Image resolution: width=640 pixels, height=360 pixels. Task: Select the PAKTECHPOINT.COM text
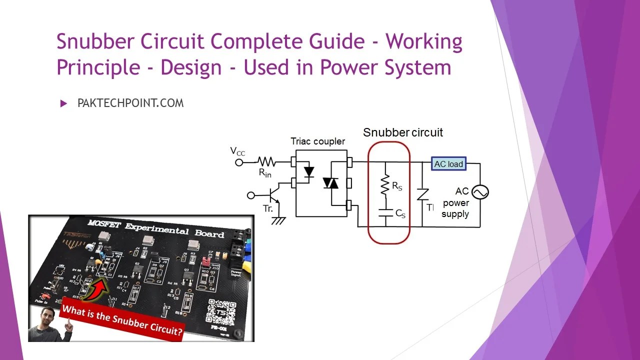pos(130,103)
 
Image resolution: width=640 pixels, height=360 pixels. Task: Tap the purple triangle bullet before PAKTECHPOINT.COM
pos(63,103)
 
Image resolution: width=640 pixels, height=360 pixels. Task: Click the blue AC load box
pos(448,164)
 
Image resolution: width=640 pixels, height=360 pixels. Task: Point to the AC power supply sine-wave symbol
pos(480,192)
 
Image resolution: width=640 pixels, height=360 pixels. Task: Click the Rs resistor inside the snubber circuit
pos(385,185)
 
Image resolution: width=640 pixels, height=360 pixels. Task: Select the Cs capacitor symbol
pos(385,213)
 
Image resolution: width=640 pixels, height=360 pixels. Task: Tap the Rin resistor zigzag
pos(266,162)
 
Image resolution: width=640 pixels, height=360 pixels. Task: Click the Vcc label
pos(237,151)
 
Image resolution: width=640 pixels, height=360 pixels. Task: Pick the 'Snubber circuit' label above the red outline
pos(402,132)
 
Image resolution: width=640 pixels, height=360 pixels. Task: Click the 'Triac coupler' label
pos(318,141)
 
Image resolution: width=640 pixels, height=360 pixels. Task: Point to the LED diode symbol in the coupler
pos(309,172)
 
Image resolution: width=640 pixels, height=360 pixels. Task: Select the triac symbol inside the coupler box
pos(330,183)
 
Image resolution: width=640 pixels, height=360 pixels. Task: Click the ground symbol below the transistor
pos(278,220)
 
